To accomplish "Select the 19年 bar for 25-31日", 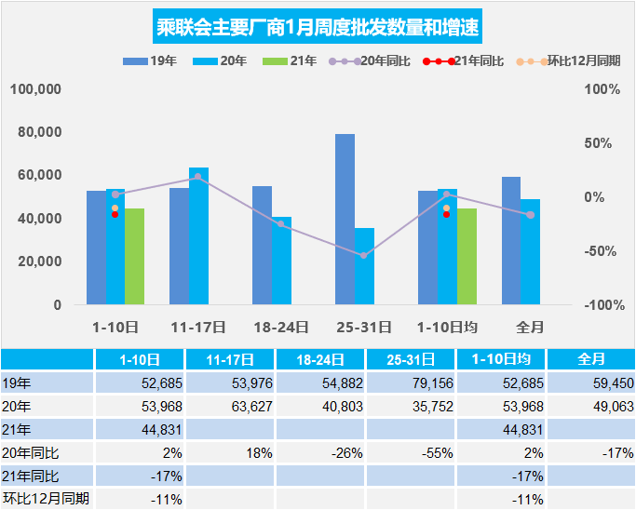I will pyautogui.click(x=345, y=220).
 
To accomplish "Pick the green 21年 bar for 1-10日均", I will pyautogui.click(x=467, y=257).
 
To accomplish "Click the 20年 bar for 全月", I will pyautogui.click(x=530, y=251).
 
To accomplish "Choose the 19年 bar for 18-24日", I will pyautogui.click(x=262, y=246).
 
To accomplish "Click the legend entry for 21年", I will pyautogui.click(x=291, y=61).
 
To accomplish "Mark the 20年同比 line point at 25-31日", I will pyautogui.click(x=364, y=255).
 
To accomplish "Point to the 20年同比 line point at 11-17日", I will pyautogui.click(x=197, y=177).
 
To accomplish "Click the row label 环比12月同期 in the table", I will pyautogui.click(x=46, y=499).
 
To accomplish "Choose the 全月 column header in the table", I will pyautogui.click(x=591, y=358).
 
